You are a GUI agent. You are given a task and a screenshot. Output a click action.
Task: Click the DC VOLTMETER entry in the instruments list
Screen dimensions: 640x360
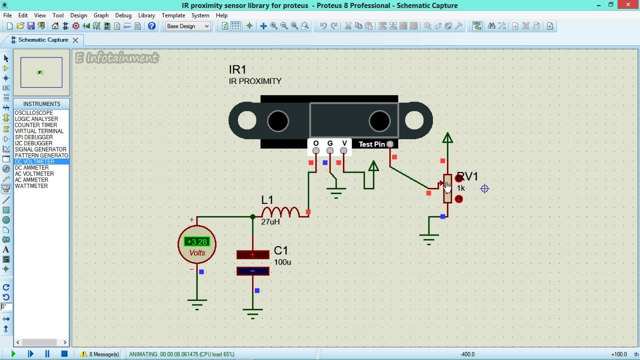34,161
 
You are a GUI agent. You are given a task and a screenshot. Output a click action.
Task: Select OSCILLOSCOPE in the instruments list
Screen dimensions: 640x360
33,113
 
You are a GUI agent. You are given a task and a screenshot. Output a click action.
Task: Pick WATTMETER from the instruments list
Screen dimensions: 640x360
31,186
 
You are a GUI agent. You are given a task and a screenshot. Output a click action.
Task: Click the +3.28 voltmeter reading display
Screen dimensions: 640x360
197,241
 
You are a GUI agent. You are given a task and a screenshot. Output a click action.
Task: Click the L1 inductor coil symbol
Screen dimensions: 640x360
280,212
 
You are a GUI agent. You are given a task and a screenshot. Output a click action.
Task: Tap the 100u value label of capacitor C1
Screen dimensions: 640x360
282,262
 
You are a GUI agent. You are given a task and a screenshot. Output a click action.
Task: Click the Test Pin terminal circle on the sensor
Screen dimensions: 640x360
390,144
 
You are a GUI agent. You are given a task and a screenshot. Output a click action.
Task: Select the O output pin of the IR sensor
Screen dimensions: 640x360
315,150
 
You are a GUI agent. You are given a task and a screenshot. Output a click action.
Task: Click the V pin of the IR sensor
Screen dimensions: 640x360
343,150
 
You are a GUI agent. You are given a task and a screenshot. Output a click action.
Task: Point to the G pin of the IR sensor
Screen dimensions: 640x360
329,150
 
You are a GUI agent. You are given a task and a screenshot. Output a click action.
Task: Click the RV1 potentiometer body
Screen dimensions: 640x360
447,188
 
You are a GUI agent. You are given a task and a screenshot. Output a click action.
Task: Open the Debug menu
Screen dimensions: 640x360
123,15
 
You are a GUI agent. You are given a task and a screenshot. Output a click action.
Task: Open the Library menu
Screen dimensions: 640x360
146,15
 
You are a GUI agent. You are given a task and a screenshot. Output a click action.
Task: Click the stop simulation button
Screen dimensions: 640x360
64,353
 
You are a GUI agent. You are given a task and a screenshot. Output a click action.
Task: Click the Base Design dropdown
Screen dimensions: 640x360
187,26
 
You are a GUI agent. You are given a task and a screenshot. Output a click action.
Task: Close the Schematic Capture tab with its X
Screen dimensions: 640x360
75,40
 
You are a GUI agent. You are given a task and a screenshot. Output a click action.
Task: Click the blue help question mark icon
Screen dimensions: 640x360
151,26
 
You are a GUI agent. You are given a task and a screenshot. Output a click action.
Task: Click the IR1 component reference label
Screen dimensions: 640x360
237,69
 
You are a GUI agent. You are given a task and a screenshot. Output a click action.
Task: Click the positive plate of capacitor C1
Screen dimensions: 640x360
253,254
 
